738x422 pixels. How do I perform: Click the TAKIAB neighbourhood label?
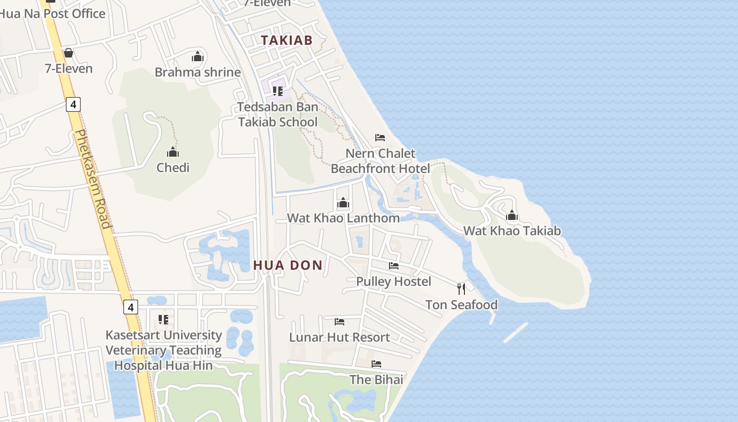[x=287, y=40]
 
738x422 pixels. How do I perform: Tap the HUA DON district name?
[x=288, y=265]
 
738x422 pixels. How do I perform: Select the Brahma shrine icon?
[x=198, y=56]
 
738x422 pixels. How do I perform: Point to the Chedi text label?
[x=173, y=168]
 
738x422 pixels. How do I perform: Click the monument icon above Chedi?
[x=173, y=152]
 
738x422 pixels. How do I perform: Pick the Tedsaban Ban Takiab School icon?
[x=278, y=91]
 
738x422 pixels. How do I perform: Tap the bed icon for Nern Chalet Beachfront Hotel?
[x=380, y=138]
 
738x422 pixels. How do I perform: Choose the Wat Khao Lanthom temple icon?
[x=343, y=203]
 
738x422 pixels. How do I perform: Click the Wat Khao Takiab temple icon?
[x=511, y=215]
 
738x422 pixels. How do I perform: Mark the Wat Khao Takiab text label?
[x=512, y=231]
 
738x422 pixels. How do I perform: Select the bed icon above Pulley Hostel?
[x=394, y=266]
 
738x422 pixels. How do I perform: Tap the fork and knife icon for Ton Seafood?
[x=461, y=289]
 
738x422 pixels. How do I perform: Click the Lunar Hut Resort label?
[x=339, y=337]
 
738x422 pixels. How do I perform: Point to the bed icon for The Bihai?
[x=376, y=364]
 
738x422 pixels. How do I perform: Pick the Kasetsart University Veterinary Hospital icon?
[x=163, y=320]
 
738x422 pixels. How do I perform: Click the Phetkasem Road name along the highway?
[x=93, y=179]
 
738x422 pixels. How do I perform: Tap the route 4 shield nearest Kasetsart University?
[x=131, y=306]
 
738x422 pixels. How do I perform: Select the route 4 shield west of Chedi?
[x=73, y=104]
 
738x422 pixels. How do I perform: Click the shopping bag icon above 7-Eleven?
[x=68, y=53]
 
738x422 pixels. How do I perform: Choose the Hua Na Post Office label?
[x=53, y=14]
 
